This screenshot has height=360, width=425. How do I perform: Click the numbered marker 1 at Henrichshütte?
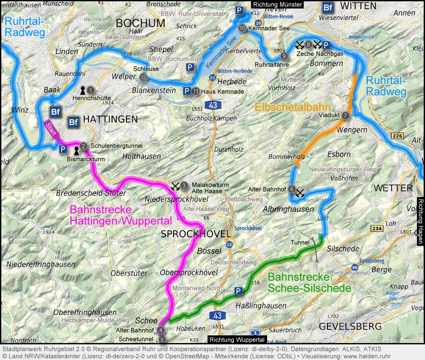point(91,90)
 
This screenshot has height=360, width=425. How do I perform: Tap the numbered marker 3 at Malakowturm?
point(184,185)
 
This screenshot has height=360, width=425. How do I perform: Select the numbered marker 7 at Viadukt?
point(345,116)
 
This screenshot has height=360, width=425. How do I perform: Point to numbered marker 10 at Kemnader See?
point(242,28)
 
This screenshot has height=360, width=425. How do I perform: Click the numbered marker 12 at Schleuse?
point(144,77)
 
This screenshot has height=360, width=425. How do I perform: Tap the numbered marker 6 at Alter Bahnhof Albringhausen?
point(292,189)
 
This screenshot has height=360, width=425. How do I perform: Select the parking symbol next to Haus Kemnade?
point(187,91)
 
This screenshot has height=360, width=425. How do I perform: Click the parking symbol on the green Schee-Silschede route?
point(239,291)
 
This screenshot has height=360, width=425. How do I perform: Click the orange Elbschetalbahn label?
point(293,107)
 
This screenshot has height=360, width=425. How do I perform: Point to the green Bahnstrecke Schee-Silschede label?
point(309,283)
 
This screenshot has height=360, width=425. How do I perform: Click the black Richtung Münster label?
point(277,4)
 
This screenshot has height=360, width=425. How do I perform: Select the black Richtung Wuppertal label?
point(237,340)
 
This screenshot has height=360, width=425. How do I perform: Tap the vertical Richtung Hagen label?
point(420,221)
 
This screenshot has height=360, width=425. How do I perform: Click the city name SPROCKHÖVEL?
point(196,234)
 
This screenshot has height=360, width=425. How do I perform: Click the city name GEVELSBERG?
point(350,326)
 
